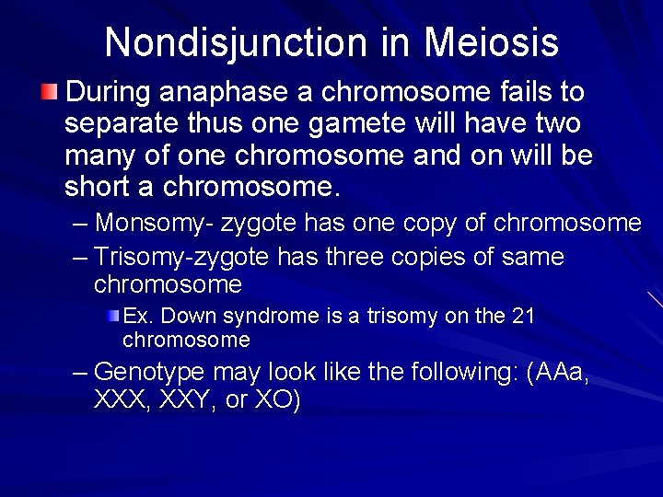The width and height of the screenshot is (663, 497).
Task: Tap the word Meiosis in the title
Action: pyautogui.click(x=491, y=42)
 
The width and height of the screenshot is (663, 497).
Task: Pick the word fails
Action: pyautogui.click(x=529, y=92)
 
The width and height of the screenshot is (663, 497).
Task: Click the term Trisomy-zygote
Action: pyautogui.click(x=187, y=257)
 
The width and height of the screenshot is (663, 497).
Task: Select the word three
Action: pyautogui.click(x=355, y=257)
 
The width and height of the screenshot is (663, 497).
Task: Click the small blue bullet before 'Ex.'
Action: pyautogui.click(x=112, y=316)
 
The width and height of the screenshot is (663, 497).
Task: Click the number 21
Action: pyautogui.click(x=522, y=316)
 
